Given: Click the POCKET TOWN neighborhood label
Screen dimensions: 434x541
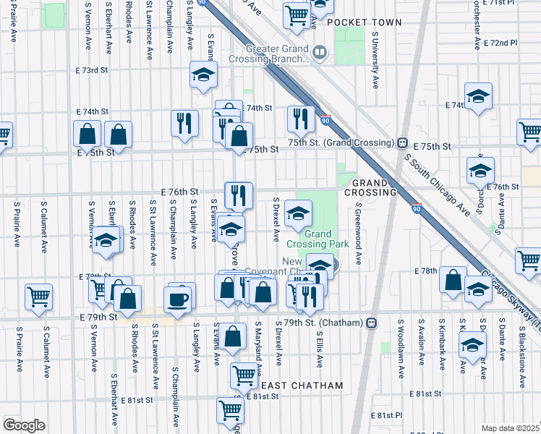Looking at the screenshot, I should click(x=364, y=22).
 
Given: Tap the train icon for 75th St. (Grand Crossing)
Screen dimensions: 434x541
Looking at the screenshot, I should click(x=401, y=142).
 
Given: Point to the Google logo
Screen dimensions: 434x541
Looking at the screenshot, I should click(x=24, y=425).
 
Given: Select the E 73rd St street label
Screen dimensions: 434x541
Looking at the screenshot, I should click(x=93, y=70).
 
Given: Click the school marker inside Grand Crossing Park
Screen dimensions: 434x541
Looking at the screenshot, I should click(x=297, y=213).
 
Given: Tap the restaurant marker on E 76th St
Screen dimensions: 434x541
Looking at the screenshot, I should click(x=238, y=194).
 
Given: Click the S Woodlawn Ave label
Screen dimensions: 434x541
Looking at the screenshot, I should click(x=400, y=356).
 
